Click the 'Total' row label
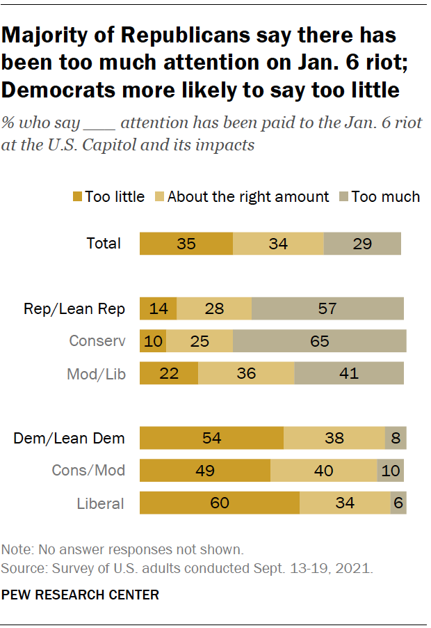pos(104,244)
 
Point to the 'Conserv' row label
pos(97,341)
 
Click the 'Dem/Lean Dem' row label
pos(70,438)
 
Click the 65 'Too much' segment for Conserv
pos(320,341)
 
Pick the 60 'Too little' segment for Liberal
pos(220,503)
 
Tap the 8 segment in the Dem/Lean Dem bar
pos(396,438)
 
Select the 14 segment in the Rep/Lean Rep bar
pos(158,308)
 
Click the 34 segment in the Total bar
pos(278,244)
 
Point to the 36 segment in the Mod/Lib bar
pos(246,373)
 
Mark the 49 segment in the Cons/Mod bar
pos(204,470)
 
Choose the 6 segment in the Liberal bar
pos(398,503)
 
